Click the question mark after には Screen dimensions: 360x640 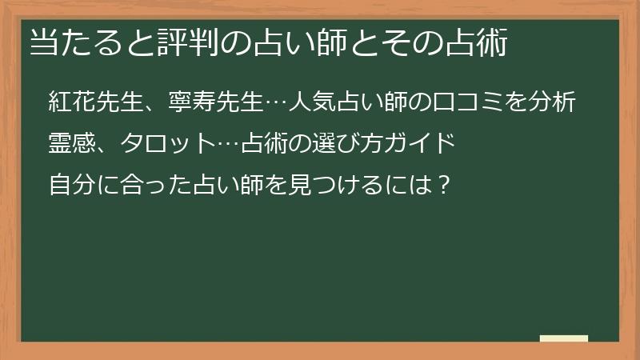point(446,186)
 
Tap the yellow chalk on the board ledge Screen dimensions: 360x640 point(564,338)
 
